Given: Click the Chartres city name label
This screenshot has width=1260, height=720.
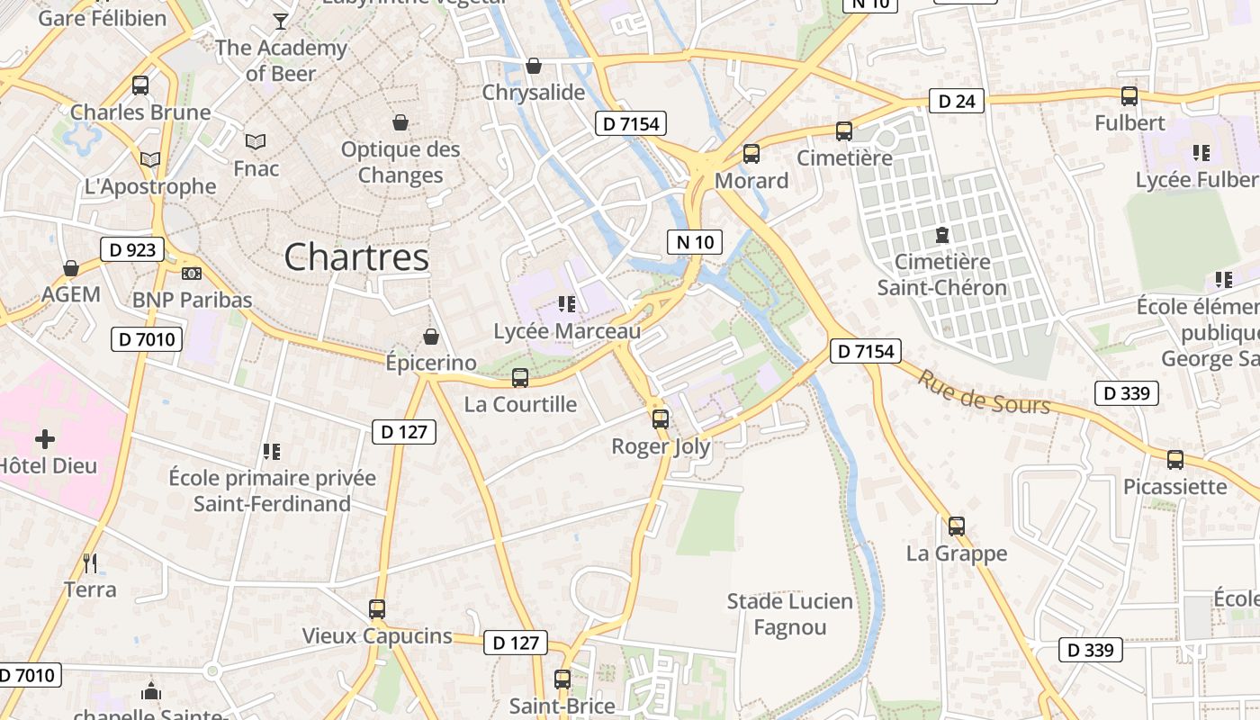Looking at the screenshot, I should (x=356, y=257).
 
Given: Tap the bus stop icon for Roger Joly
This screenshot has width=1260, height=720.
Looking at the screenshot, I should (x=661, y=418).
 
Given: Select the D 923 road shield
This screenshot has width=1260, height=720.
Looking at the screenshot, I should (x=132, y=249).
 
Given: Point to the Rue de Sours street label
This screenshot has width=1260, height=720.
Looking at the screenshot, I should (x=983, y=392).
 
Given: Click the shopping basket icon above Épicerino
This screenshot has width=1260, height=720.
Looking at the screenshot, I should (x=431, y=337).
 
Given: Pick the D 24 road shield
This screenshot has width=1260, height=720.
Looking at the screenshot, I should (x=956, y=101).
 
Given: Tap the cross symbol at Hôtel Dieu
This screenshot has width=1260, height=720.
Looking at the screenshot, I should (x=45, y=439).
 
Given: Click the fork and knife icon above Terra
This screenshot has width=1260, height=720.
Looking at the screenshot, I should (x=90, y=563).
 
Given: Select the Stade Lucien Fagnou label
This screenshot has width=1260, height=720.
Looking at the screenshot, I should (x=789, y=614).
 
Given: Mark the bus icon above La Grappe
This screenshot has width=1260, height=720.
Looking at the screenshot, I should (x=956, y=526).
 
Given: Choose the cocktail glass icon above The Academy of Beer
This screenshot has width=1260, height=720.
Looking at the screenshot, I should (x=281, y=21).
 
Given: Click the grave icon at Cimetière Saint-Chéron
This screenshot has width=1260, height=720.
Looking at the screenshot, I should (x=941, y=235).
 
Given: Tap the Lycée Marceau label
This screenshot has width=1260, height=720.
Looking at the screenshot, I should (x=567, y=331).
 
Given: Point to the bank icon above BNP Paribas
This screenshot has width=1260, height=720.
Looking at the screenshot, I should (x=192, y=273).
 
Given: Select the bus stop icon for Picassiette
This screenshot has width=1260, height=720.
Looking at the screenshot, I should (x=1174, y=459).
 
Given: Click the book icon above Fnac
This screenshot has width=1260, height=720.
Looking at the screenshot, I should (x=256, y=141).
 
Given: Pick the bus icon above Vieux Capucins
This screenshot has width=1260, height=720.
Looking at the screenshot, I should (x=377, y=608).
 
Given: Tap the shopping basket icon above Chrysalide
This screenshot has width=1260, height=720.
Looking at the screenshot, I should (x=534, y=66).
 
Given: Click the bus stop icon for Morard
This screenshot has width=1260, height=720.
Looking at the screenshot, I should (x=751, y=153).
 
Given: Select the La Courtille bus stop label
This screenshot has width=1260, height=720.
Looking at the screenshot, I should (x=520, y=404).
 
